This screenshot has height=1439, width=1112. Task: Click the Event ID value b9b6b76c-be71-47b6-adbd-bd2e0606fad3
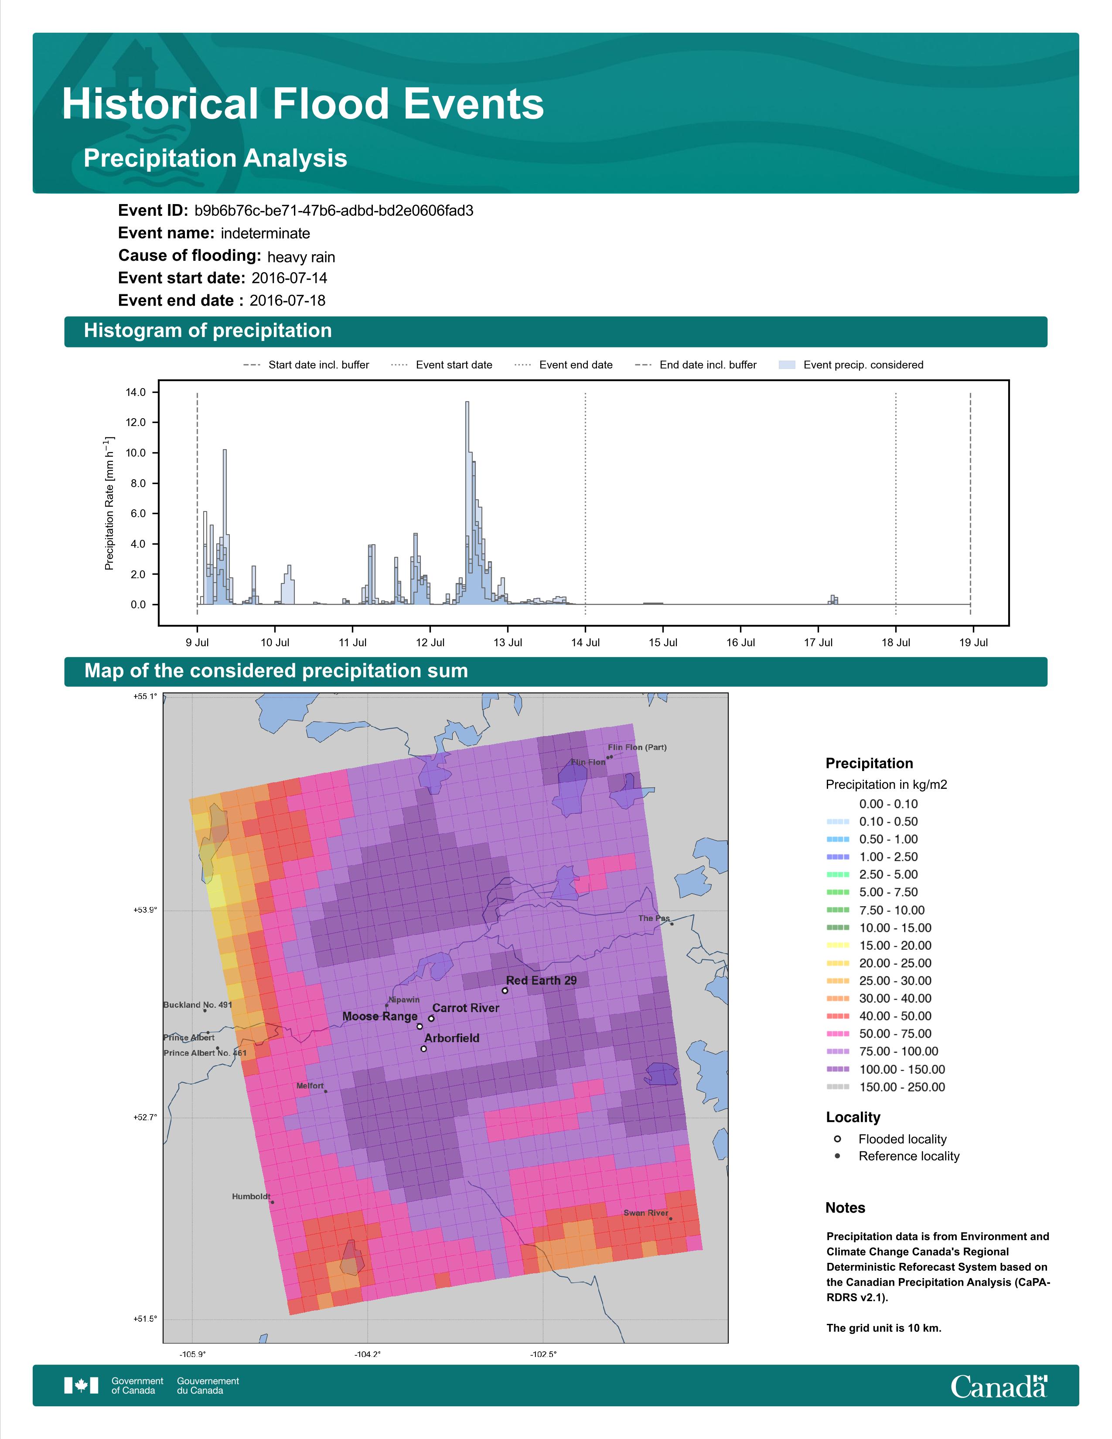(x=334, y=211)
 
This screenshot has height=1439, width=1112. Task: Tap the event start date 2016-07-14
(x=289, y=278)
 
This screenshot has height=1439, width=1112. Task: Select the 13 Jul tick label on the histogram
(x=508, y=642)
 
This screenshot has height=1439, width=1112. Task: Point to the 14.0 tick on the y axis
(x=136, y=393)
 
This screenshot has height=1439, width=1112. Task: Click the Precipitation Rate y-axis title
(x=109, y=503)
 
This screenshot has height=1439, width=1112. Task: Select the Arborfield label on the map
(x=452, y=1038)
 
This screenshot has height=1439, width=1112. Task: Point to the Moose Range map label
(x=380, y=1016)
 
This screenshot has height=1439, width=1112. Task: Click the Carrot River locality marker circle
(x=431, y=1019)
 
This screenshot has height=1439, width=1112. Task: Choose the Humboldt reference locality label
(x=251, y=1197)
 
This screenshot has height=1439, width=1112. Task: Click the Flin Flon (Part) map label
(x=637, y=747)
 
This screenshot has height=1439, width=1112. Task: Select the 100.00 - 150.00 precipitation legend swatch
(x=838, y=1069)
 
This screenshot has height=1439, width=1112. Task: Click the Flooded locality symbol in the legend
(x=837, y=1139)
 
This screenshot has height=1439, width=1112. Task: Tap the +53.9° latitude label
(x=146, y=910)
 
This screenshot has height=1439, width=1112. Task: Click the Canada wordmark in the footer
(x=999, y=1386)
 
